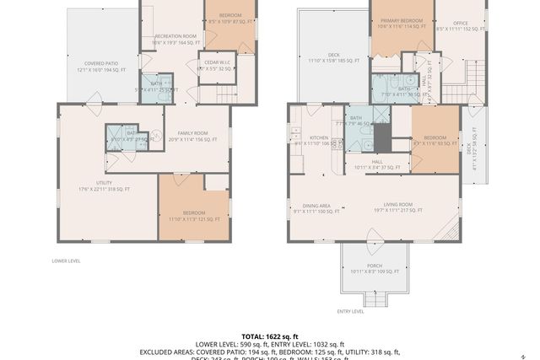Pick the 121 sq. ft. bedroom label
(x=193, y=216)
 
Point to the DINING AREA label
(x=316, y=207)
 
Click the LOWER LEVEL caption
(x=66, y=261)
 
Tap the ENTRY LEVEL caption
(x=350, y=311)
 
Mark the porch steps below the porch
(x=374, y=298)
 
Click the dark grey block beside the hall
(x=382, y=138)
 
